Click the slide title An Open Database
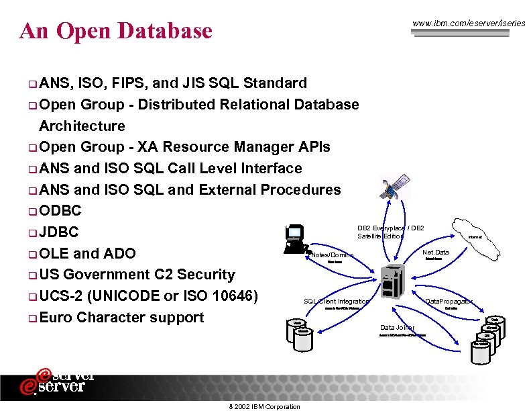click(116, 31)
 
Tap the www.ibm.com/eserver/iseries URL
click(469, 24)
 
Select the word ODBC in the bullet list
click(60, 211)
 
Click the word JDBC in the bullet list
click(59, 232)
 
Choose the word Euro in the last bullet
click(56, 317)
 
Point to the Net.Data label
click(436, 253)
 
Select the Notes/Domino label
click(333, 256)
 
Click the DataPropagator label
click(449, 302)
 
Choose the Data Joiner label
click(398, 328)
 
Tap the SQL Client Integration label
click(337, 302)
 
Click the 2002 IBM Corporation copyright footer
click(265, 407)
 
